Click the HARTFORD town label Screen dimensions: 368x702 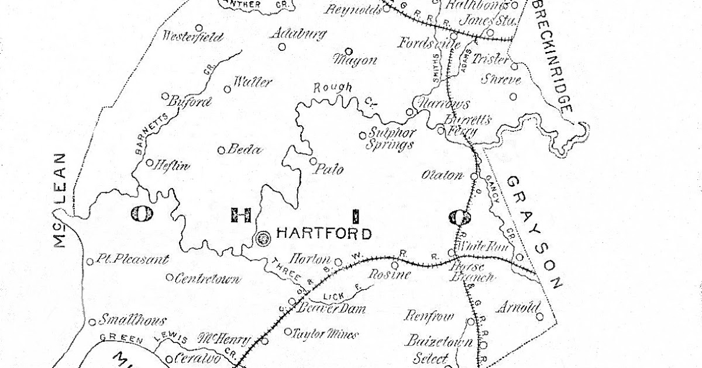point(324,235)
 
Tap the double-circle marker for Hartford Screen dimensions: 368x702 point(263,237)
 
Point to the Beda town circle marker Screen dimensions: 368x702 point(222,150)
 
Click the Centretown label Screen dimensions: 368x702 point(207,279)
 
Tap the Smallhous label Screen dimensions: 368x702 point(133,320)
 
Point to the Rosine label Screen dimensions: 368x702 point(389,273)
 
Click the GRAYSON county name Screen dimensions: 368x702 point(535,231)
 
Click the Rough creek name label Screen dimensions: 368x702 point(333,88)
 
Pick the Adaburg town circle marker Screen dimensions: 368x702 point(282,47)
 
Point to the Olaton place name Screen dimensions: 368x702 point(442,175)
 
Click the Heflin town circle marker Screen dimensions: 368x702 point(149,163)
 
